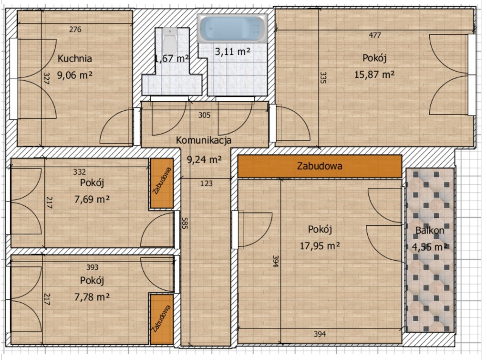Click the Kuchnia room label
click(75, 59)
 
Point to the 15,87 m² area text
click(374, 74)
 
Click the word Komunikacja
click(204, 140)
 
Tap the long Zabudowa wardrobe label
click(320, 166)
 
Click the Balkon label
click(430, 230)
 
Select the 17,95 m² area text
click(320, 245)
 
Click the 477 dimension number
click(375, 35)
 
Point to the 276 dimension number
click(75, 30)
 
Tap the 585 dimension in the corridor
click(185, 223)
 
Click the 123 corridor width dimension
click(207, 182)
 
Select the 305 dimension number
click(204, 115)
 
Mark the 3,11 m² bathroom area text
click(233, 52)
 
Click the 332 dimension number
click(80, 171)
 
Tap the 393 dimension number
click(92, 267)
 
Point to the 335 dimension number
click(322, 78)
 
